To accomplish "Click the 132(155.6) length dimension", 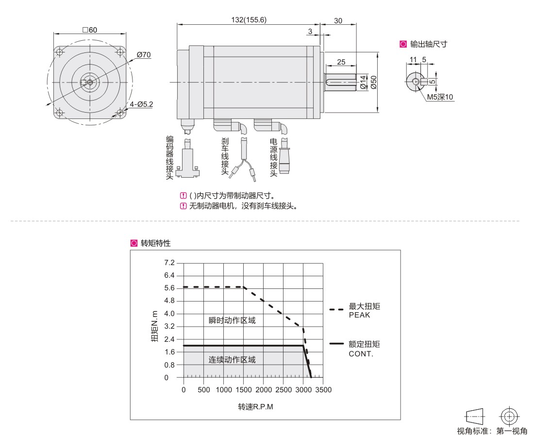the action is point(249,20).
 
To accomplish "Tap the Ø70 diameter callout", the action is point(144,55).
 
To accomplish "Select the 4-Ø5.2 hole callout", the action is point(141,104).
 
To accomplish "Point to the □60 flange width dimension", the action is point(90,30).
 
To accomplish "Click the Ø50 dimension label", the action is point(374,82).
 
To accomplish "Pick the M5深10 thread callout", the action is point(440,97).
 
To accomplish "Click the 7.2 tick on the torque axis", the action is point(169,263).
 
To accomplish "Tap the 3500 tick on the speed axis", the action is point(323,390).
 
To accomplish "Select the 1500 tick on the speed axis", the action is point(244,390).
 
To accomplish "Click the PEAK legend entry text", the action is point(359,315).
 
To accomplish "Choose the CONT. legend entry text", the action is point(361,354).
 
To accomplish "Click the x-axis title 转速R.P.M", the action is point(255,407).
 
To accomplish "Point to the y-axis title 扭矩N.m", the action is point(154,326).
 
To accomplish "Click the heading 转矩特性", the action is point(156,243).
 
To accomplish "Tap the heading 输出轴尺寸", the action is point(429,44).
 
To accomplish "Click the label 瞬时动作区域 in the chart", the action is point(232,320).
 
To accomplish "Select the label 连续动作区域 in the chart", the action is point(232,360).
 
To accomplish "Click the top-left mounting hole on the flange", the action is point(60,52).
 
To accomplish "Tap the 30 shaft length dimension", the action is point(338,21).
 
